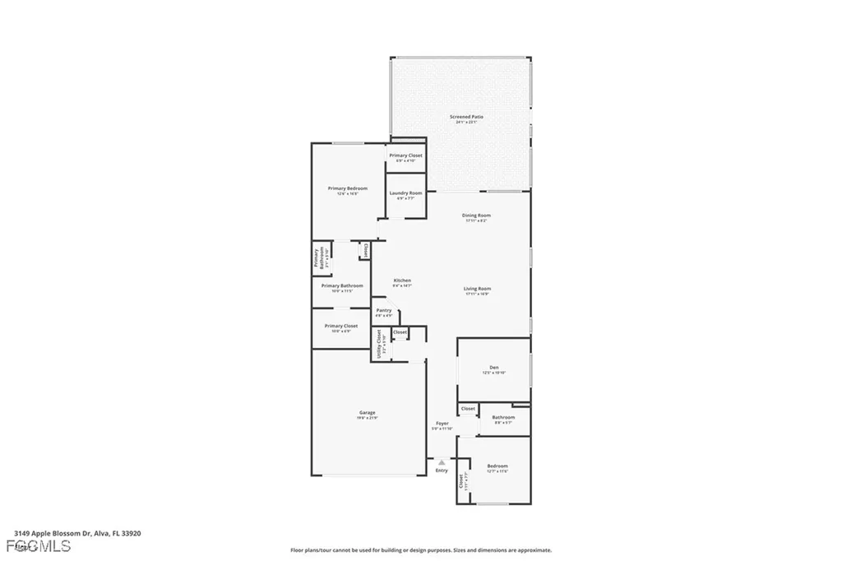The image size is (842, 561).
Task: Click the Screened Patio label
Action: tap(466, 117)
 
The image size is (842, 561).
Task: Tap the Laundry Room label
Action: tap(405, 193)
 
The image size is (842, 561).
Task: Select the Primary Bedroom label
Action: tap(347, 188)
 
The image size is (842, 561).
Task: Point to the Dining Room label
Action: tap(477, 216)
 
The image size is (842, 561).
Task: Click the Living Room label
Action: tap(477, 289)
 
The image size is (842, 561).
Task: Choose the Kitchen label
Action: tap(402, 280)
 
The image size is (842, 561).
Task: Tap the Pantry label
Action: tap(384, 311)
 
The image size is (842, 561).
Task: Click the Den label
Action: tap(493, 368)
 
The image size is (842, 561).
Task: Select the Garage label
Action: tap(367, 413)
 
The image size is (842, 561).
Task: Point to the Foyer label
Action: tap(442, 424)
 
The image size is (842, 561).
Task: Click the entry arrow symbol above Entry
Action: tap(442, 462)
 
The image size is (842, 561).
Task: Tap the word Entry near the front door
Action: tap(442, 471)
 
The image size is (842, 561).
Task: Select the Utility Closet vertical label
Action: tap(380, 344)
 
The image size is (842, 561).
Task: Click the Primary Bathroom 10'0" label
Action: tap(342, 285)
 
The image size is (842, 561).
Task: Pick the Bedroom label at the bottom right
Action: tap(497, 466)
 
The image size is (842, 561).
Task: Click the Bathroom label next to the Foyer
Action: tap(503, 418)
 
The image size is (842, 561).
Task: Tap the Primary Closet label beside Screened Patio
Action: tap(405, 155)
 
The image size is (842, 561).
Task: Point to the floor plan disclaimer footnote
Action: tap(420, 550)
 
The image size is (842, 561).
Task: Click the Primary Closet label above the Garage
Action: tap(340, 326)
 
